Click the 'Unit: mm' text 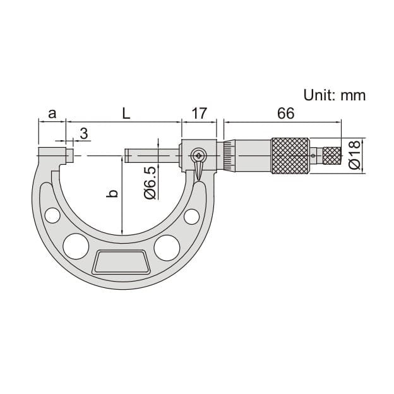point(334,95)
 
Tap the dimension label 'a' point(52,114)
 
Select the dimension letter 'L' point(126,114)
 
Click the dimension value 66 point(285,114)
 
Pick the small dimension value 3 point(83,133)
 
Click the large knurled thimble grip point(290,155)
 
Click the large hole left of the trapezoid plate point(76,246)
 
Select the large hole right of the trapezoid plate point(167,247)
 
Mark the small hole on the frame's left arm point(52,215)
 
